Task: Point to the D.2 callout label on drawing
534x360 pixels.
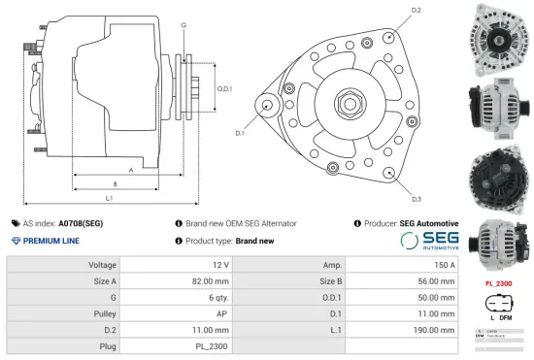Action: (416, 10)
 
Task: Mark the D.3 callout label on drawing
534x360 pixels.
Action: (416, 198)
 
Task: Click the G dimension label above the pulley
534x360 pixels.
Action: (184, 23)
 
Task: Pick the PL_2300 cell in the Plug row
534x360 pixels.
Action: (211, 345)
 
